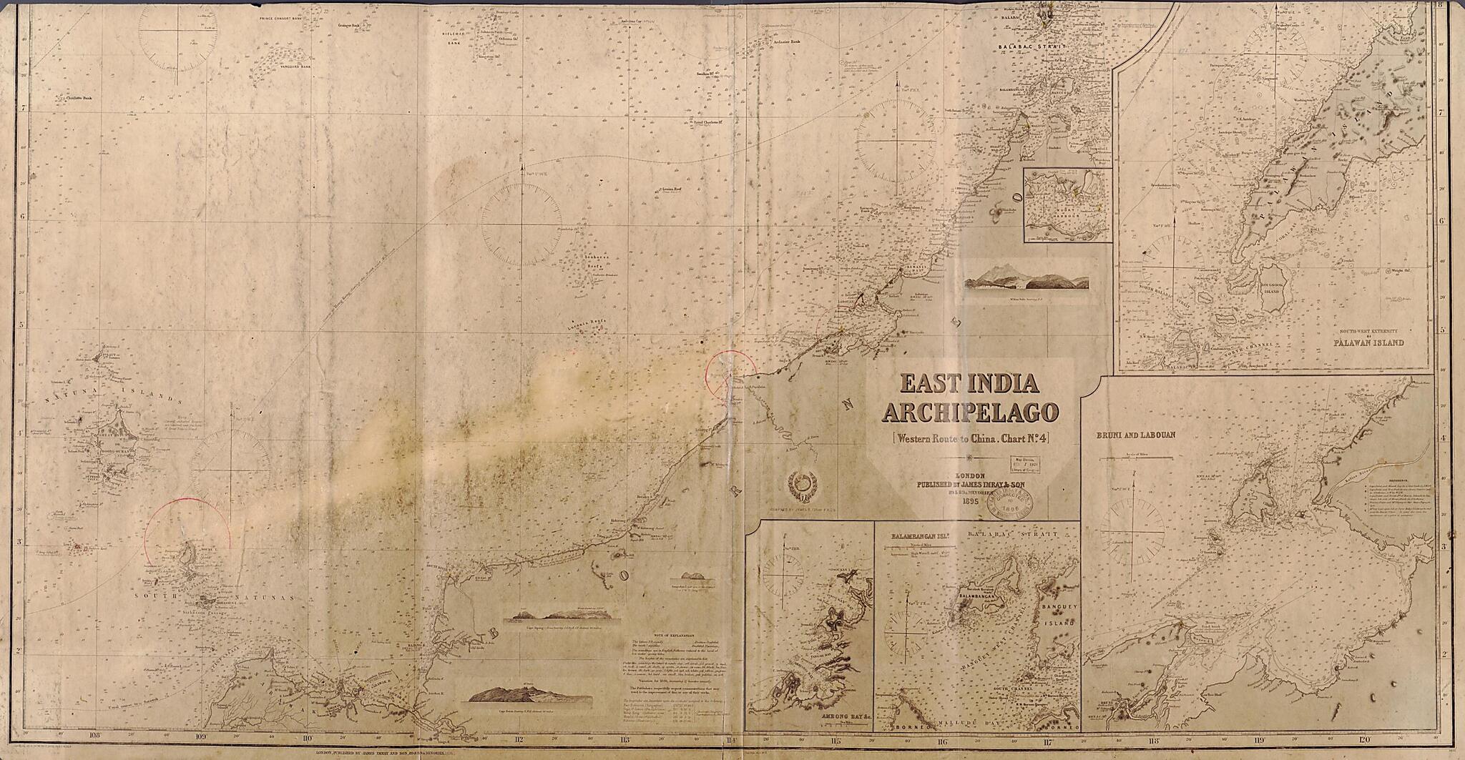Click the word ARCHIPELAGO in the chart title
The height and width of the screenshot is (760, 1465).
point(971,413)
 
